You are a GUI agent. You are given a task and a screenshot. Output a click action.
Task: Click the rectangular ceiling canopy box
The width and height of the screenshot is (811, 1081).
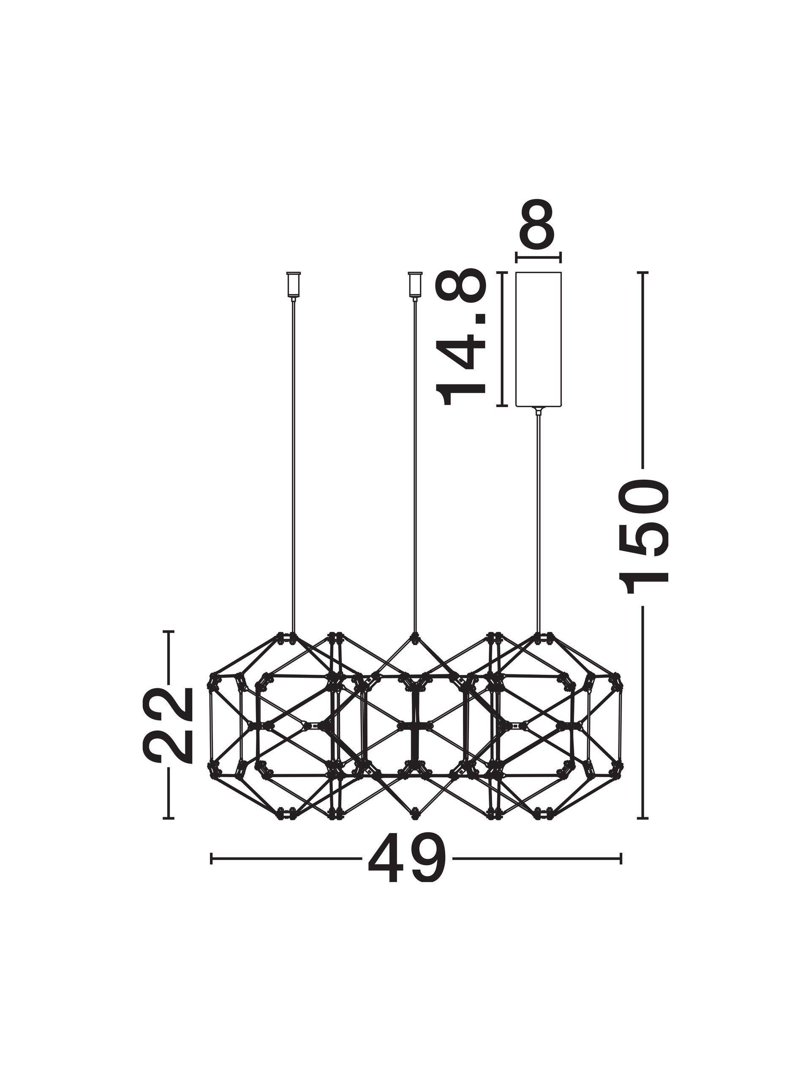(x=538, y=339)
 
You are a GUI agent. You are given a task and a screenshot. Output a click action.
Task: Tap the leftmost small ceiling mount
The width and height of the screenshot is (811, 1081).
(x=293, y=285)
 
